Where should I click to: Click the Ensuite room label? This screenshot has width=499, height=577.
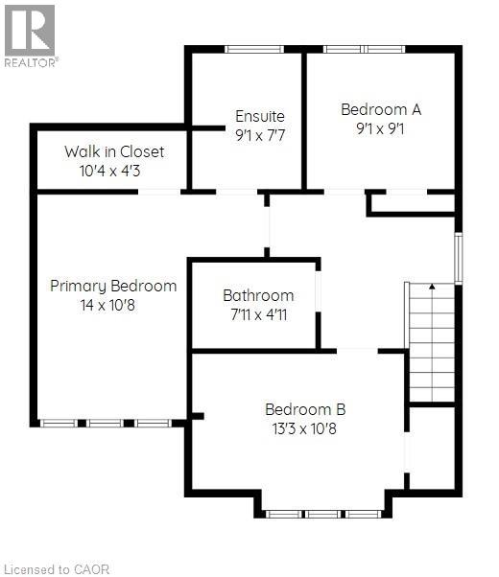pos(260,116)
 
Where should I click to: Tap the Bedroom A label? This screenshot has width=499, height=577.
pos(381,109)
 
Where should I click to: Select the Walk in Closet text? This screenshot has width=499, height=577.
pos(114,151)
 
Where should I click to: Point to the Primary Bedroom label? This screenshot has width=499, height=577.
pos(113,287)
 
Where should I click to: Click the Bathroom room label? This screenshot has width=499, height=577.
pos(258,295)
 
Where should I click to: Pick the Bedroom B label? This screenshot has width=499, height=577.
pos(305,409)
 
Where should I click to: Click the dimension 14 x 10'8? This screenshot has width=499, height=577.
pos(107,305)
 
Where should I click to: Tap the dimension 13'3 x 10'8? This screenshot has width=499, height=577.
pos(304,428)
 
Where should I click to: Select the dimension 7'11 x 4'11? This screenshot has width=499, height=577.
pos(259,314)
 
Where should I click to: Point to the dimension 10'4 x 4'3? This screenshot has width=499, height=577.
pos(109,171)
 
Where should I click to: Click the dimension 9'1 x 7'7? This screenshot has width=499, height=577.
pos(260,135)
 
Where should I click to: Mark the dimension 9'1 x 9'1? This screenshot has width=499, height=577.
pos(380,128)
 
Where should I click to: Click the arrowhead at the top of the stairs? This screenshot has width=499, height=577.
pos(432,286)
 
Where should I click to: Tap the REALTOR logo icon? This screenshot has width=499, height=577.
pos(30,31)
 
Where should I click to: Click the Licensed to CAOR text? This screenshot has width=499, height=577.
pos(58,569)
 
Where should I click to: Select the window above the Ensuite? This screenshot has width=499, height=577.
pos(254,49)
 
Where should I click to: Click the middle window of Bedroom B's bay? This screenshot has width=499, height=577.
pos(323,514)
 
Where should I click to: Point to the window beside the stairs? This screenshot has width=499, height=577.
pos(458,258)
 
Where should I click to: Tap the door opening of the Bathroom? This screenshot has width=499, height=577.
pos(318,291)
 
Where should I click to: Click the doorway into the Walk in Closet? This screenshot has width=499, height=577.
pos(159,192)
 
